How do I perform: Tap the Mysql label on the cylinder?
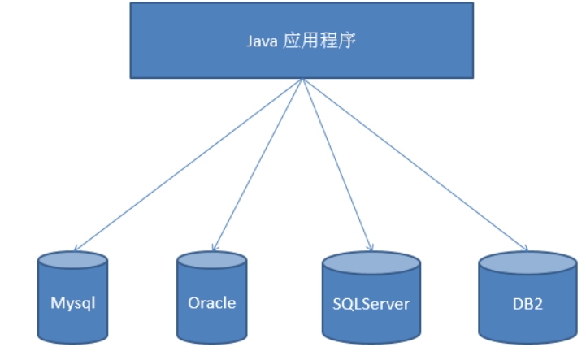point(73,303)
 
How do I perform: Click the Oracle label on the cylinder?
point(211,303)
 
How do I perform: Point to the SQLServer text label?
point(371,305)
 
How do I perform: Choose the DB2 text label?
point(528,305)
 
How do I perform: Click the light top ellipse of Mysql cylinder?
point(73,260)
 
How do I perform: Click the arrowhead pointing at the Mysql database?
point(76,249)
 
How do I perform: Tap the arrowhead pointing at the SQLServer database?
point(371,247)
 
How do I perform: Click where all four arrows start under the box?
point(302,79)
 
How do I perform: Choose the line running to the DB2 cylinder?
point(415,164)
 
